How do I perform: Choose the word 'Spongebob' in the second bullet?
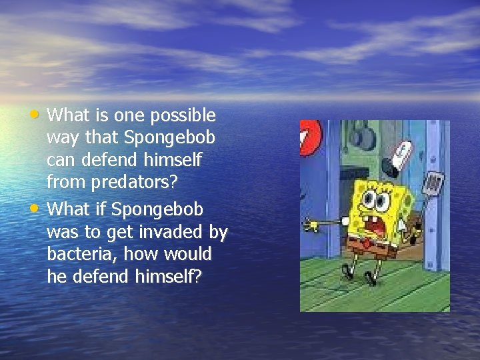tap(157, 209)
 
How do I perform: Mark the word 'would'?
tap(189, 255)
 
